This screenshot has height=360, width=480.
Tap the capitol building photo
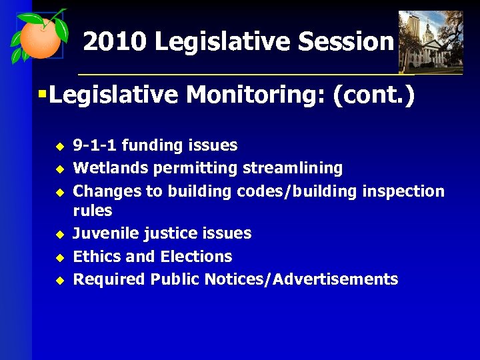coord(430,41)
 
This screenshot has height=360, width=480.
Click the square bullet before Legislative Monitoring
coord(41,95)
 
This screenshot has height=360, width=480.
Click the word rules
coord(93,211)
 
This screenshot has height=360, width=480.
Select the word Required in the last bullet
coord(109,279)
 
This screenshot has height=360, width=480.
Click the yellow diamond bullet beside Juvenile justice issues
coord(58,235)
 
